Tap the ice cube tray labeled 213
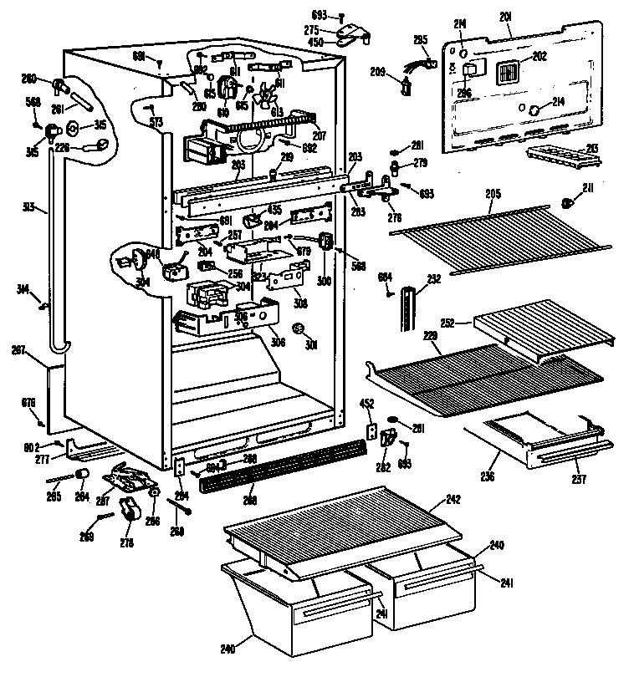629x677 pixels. (x=555, y=155)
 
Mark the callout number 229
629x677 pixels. (x=431, y=335)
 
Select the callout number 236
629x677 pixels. (x=488, y=476)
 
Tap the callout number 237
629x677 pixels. (x=579, y=480)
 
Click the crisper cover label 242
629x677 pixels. (x=453, y=499)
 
